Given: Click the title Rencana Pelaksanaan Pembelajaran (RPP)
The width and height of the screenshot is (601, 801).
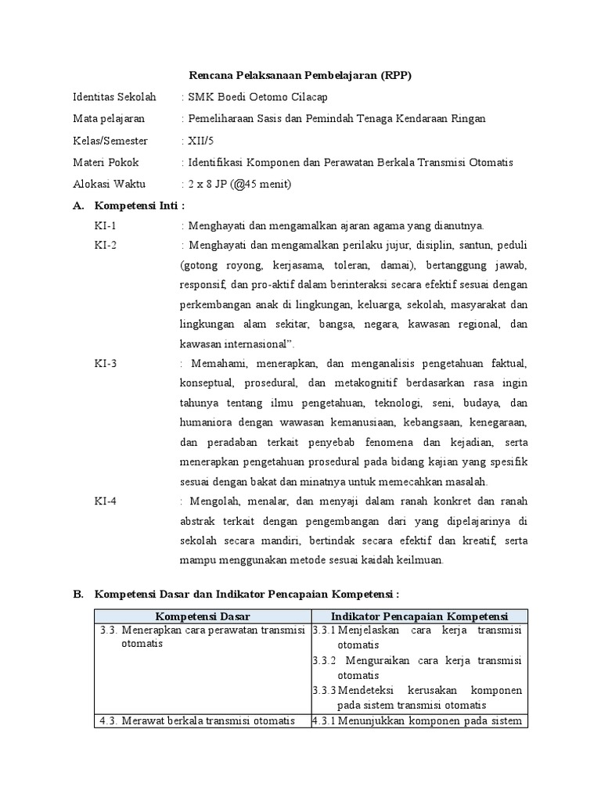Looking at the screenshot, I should click(x=300, y=75).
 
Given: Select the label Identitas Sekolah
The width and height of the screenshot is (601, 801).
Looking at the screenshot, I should click(x=113, y=97).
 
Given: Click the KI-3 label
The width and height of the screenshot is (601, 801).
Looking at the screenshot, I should click(x=106, y=365).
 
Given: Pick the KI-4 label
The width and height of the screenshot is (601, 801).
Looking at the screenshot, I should click(x=106, y=502).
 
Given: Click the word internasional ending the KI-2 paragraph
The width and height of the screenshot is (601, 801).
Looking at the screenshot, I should click(x=251, y=344).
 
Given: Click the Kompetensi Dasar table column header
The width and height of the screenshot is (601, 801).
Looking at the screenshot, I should click(x=202, y=616).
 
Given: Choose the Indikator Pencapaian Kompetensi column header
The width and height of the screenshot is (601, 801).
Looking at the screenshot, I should click(x=419, y=616).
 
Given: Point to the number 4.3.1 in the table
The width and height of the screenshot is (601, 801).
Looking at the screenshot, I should click(x=324, y=720).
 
